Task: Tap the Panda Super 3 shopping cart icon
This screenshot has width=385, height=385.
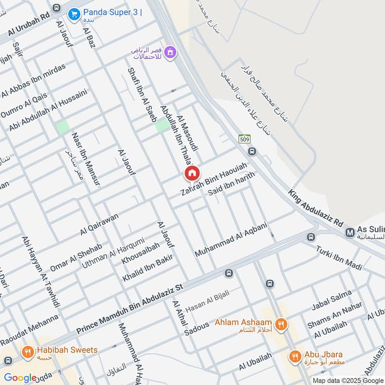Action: click(x=74, y=14)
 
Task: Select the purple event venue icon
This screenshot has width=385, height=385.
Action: click(x=169, y=52)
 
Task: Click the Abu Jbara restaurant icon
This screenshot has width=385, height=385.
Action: click(x=295, y=356)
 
